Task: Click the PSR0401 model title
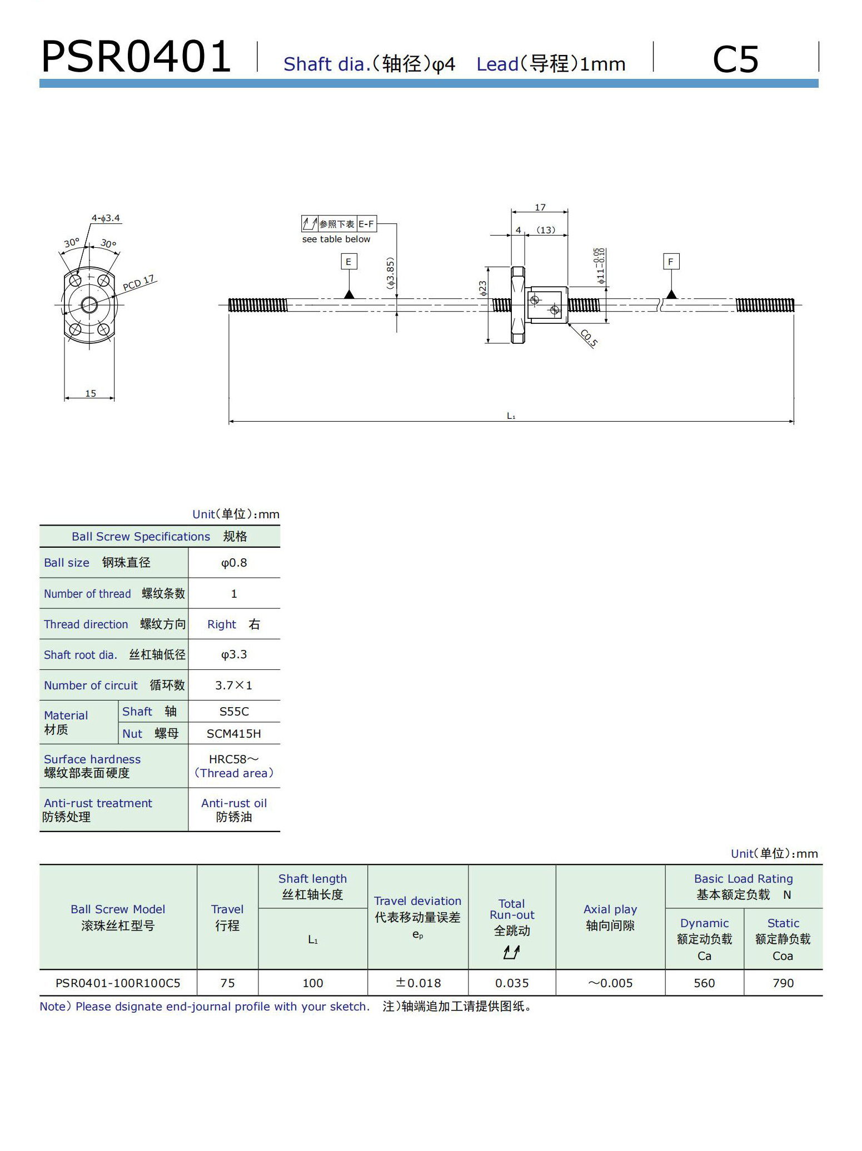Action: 136,57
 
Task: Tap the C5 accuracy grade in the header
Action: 735,59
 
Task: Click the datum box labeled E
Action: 348,262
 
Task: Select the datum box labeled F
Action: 671,262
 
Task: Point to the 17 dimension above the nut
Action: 540,207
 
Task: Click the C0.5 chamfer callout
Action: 589,338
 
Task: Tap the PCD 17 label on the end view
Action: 138,283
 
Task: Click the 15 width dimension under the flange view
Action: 90,393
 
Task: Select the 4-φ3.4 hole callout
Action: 106,218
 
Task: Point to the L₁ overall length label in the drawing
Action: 511,416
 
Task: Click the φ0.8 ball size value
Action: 234,563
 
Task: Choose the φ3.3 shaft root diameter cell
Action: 234,654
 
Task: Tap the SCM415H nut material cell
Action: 234,733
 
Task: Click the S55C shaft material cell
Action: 234,711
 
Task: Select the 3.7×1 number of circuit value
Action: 234,685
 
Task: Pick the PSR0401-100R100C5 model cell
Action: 118,983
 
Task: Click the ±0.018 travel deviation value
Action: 418,983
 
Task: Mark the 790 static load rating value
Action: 783,983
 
